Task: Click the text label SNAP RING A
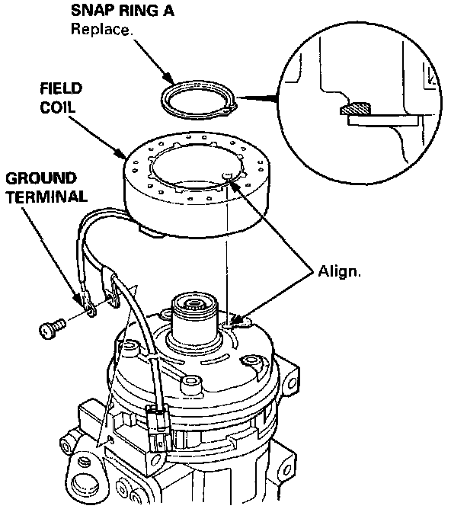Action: (123, 11)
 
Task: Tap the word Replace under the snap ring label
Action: (102, 29)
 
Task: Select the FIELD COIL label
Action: (61, 98)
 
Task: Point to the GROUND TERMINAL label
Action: (46, 187)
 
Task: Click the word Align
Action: (339, 271)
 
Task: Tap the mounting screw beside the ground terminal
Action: (52, 328)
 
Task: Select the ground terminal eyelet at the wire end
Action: (88, 304)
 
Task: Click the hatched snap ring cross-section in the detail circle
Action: (355, 108)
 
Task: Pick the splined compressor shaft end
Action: (194, 304)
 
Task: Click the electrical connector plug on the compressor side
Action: (159, 427)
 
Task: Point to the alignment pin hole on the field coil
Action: (228, 175)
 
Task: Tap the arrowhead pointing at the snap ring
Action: (168, 78)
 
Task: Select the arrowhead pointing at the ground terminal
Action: (77, 298)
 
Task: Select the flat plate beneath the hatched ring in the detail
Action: (383, 120)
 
